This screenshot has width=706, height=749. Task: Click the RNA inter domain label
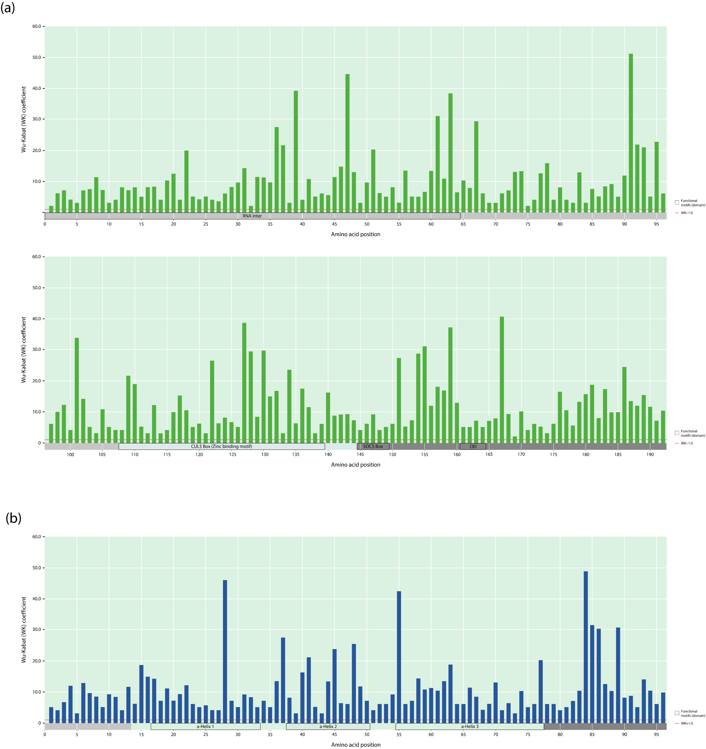(252, 216)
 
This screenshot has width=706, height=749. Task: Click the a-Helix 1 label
(205, 726)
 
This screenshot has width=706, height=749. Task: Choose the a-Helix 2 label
(328, 726)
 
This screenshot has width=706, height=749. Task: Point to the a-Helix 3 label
(470, 726)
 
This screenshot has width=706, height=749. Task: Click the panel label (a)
(8, 8)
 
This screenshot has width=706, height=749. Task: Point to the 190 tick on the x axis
(650, 454)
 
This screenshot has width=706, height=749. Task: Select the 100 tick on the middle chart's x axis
(70, 454)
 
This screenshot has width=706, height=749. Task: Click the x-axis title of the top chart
(355, 234)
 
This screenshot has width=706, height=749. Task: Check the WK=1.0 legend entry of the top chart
(686, 213)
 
